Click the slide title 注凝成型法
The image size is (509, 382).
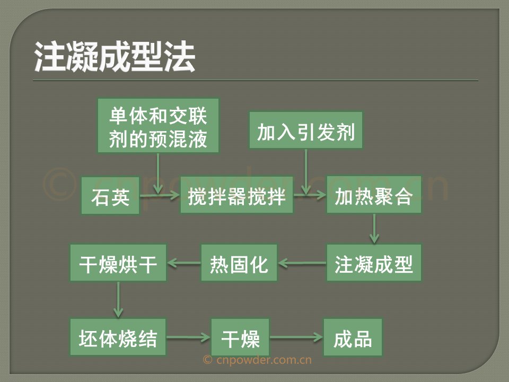tap(115, 56)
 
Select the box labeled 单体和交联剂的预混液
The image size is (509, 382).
tap(158, 126)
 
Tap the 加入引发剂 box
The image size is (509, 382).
tap(306, 131)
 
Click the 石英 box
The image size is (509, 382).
tap(110, 196)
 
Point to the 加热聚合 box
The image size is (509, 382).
tap(374, 195)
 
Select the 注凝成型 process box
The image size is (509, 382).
tap(374, 263)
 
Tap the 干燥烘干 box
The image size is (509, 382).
tap(118, 263)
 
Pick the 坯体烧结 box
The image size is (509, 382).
tap(118, 337)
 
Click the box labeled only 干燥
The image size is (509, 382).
tap(240, 337)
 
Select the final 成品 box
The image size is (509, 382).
tap(353, 337)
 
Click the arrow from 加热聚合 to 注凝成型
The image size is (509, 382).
tap(374, 229)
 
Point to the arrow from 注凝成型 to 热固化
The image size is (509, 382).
tap(302, 263)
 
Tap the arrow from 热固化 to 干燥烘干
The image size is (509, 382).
tap(183, 263)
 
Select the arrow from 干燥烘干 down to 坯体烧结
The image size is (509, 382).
tap(118, 300)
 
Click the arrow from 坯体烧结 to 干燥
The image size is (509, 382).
tap(189, 337)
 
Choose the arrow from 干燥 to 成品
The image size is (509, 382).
tap(296, 337)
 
